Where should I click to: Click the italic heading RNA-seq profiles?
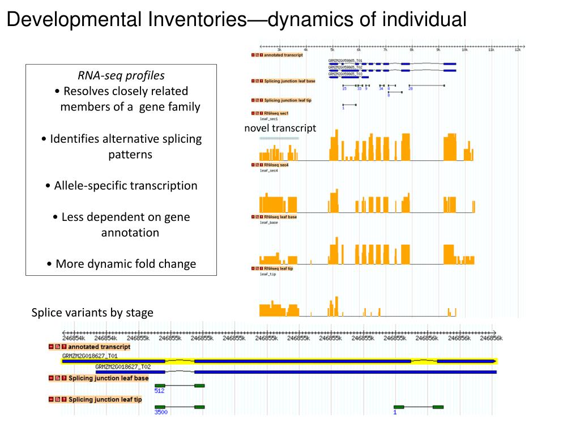[x=121, y=75]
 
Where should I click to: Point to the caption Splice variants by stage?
[x=92, y=313]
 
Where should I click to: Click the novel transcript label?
[x=280, y=128]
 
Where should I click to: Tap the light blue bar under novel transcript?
[x=279, y=138]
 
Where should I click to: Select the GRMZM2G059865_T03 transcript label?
[x=345, y=74]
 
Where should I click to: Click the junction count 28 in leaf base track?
[x=411, y=88]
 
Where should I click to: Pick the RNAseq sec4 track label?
[x=276, y=165]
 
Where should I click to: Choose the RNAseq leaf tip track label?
[x=278, y=268]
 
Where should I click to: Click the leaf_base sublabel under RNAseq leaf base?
[x=269, y=222]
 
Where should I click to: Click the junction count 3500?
[x=161, y=412]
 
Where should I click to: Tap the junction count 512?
[x=159, y=390]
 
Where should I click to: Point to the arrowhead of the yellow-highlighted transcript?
[x=495, y=360]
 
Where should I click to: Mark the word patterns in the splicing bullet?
[x=130, y=154]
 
